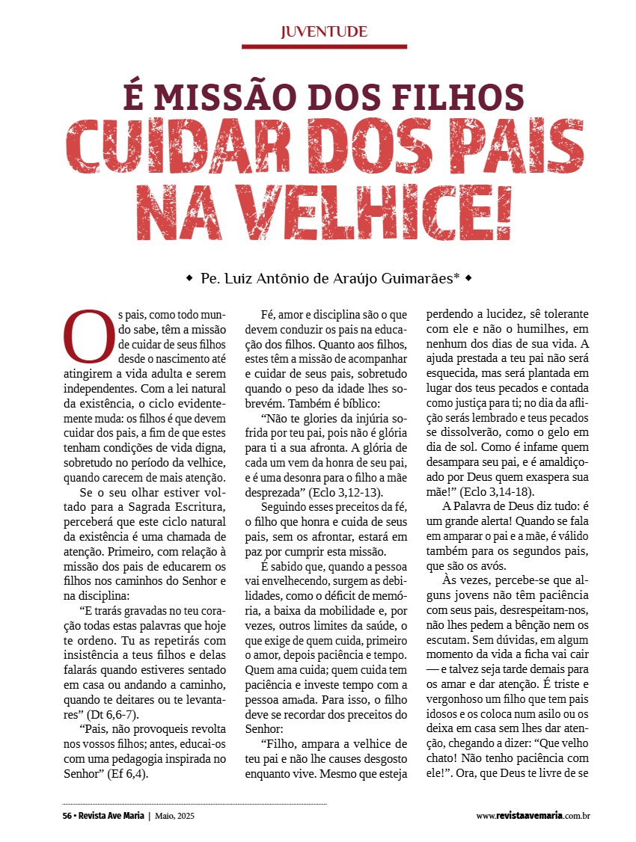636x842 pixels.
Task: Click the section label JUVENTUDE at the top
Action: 323,31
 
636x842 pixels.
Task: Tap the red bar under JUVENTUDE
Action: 323,46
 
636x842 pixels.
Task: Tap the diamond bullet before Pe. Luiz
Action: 189,278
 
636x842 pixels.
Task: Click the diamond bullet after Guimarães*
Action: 468,278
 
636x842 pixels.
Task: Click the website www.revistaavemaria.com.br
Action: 533,815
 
